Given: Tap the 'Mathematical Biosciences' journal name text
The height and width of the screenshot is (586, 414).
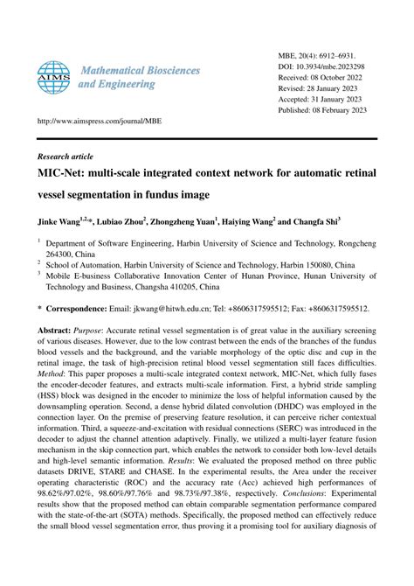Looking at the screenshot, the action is tap(140, 69).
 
